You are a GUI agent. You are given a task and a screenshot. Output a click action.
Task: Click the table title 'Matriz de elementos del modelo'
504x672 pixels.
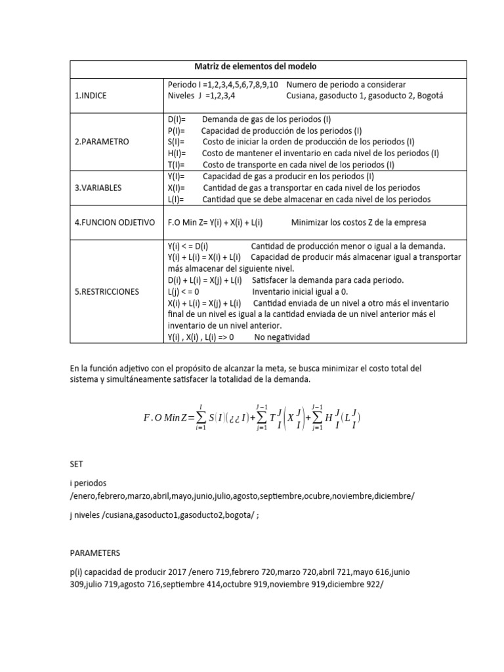(255, 66)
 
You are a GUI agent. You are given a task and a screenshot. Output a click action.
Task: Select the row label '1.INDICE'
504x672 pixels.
(91, 95)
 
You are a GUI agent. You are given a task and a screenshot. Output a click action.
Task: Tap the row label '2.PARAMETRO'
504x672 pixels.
(102, 141)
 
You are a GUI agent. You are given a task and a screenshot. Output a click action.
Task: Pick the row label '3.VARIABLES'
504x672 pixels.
(98, 188)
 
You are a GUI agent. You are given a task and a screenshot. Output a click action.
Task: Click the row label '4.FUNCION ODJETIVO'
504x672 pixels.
(114, 222)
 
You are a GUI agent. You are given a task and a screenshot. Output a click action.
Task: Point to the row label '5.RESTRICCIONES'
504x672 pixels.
(106, 291)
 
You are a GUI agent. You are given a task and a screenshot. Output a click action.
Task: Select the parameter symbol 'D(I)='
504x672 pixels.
(178, 119)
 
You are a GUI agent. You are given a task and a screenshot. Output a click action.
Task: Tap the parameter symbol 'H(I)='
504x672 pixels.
(178, 153)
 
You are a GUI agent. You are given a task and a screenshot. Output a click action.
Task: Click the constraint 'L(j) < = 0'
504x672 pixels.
(183, 291)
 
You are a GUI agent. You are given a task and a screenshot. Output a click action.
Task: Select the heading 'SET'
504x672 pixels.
(77, 463)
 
